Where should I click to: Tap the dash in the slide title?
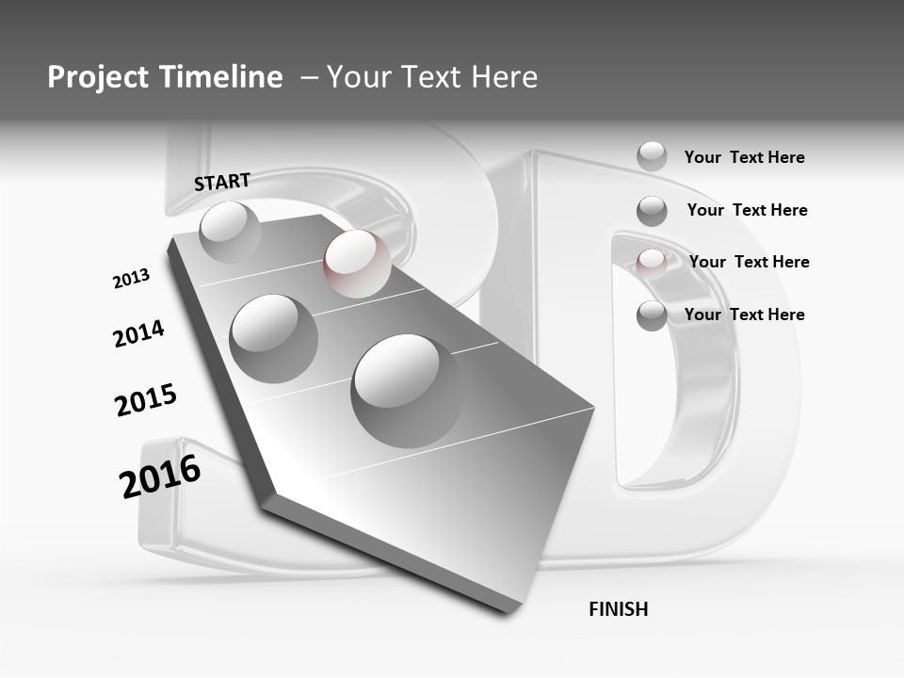pos(308,77)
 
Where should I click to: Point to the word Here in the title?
pos(504,77)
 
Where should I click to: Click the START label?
pos(222,182)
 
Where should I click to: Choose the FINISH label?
pos(619,609)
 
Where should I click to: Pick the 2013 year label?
pos(131,279)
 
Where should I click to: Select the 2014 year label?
pos(138,333)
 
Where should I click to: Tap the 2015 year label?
pos(146,400)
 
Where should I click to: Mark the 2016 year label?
pos(160,476)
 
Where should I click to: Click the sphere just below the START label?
pos(229,231)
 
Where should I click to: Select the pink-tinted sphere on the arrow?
pos(357,263)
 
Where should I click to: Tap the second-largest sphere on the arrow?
pos(274,338)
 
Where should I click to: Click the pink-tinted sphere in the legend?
pos(652,262)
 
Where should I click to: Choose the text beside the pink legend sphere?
pos(749,262)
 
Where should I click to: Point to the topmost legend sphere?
pos(652,156)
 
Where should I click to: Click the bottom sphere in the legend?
pos(652,315)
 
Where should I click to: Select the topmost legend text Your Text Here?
pos(744,157)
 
